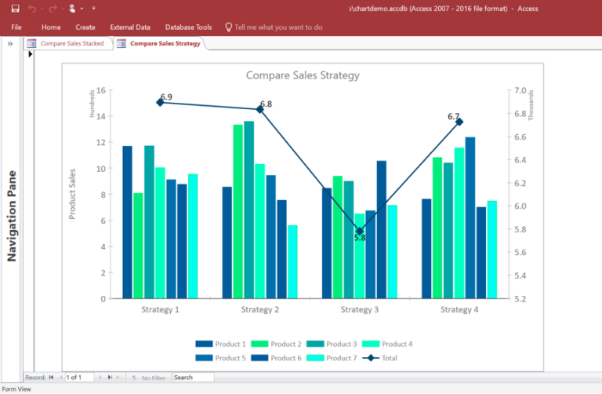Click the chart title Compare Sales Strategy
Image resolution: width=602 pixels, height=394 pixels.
(303, 75)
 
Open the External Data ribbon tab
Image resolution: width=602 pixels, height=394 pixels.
(130, 27)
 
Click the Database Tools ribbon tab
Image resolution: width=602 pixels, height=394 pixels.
(189, 27)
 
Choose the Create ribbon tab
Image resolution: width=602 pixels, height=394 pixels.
(86, 27)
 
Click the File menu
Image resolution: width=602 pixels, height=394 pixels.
(16, 27)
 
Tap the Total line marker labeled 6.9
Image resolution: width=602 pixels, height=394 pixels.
(160, 102)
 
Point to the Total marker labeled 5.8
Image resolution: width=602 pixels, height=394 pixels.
(360, 232)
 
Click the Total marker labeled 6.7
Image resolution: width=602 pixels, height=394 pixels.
(459, 122)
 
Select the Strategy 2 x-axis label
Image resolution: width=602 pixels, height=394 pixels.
(260, 309)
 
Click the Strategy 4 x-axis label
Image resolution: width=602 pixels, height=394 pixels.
(459, 309)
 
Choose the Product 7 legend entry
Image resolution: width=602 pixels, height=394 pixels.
(329, 358)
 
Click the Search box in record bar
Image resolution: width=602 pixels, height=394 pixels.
(193, 378)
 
